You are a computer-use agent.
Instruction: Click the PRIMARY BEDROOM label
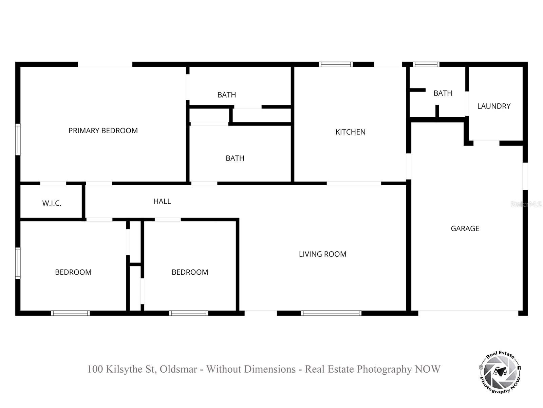[103, 131]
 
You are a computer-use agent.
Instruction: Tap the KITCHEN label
[350, 132]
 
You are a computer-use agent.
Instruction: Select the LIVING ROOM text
[322, 254]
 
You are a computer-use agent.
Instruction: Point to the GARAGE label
[465, 228]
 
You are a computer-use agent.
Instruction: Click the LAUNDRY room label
[493, 106]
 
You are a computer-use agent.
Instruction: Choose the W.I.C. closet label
[52, 203]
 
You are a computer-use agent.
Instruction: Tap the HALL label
[162, 201]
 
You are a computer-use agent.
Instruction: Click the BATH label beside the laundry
[443, 93]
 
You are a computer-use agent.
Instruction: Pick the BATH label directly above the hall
[235, 158]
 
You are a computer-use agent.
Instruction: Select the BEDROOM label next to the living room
[190, 272]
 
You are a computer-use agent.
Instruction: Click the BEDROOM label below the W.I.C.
[73, 272]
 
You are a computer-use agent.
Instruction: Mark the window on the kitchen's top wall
[336, 64]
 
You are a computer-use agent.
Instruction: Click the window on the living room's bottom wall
[331, 313]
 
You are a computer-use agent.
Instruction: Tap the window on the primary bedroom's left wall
[18, 139]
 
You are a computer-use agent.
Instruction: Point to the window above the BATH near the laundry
[426, 64]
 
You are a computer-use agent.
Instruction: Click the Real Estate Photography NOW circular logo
[500, 373]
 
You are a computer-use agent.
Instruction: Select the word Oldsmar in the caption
[178, 369]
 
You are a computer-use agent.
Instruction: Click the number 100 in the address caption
[95, 369]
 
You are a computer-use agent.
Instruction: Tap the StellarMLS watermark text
[526, 204]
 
